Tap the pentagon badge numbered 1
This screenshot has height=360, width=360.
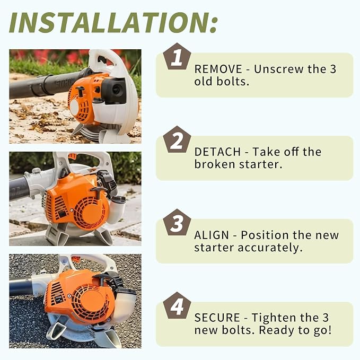177,57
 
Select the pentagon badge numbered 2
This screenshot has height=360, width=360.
177,140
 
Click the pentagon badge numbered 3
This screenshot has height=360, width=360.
177,223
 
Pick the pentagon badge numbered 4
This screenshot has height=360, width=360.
177,306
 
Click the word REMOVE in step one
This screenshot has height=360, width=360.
218,69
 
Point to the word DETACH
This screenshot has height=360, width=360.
217,152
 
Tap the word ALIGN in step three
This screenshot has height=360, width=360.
212,235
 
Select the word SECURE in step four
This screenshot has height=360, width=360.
217,318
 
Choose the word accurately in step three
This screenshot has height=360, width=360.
270,248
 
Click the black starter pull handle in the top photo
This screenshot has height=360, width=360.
80,91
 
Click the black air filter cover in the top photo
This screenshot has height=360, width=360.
114,90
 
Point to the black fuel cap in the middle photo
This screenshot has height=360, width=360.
118,199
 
